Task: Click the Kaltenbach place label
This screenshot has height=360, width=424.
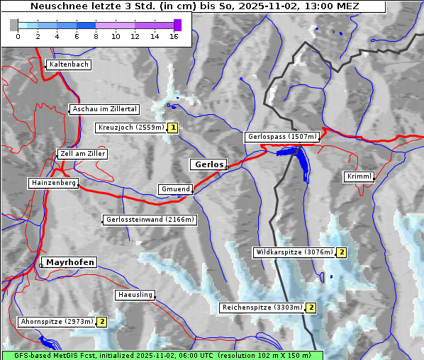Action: (x=69, y=64)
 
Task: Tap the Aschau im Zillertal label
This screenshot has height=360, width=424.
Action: (x=105, y=109)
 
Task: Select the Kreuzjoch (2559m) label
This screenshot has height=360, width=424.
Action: (x=130, y=128)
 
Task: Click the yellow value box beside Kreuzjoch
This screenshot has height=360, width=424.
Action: (x=172, y=128)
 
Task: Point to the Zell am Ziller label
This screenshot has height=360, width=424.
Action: (x=83, y=154)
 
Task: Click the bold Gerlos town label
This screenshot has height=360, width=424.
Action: (x=208, y=164)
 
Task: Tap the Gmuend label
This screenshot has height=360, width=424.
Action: (x=175, y=189)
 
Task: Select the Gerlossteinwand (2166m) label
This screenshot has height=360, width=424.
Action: (x=150, y=220)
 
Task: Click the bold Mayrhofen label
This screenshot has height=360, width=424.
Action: (x=70, y=262)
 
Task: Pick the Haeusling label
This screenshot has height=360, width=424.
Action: (x=135, y=295)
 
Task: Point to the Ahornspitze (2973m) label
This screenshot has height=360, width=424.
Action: (x=57, y=322)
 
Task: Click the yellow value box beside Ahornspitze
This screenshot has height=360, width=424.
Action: (x=102, y=322)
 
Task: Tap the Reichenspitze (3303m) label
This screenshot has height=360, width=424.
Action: (x=262, y=308)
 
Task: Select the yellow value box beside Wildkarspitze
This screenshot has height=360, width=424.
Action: (x=341, y=252)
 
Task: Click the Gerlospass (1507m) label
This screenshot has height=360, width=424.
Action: (x=281, y=137)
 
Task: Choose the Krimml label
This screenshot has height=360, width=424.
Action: (x=359, y=176)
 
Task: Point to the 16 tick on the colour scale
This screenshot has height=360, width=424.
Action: (x=174, y=36)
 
